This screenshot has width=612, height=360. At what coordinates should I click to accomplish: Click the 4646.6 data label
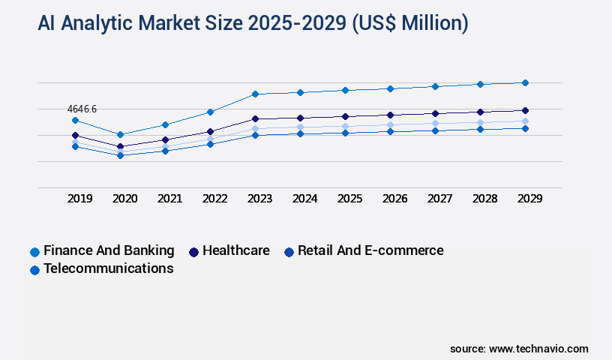pos(82,109)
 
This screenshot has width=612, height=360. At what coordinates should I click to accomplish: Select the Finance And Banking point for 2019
pos(75,120)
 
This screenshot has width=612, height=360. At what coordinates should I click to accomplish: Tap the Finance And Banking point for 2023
pos(255,94)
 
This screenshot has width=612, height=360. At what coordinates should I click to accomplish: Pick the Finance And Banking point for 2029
pos(525,82)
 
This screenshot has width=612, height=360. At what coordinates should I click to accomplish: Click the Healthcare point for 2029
pos(525,110)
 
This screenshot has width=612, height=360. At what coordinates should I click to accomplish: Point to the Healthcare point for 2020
pos(120,146)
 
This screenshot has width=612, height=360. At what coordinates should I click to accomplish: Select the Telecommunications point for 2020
pos(120,155)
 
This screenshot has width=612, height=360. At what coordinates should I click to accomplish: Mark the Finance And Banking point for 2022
pos(210,112)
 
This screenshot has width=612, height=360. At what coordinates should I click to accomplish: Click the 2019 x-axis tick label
pos(80,199)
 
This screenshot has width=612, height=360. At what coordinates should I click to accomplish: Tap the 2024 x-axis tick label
pos(305,199)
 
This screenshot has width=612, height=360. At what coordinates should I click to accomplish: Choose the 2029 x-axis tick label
pos(530,199)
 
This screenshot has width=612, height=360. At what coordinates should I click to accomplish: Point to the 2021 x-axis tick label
pos(170,199)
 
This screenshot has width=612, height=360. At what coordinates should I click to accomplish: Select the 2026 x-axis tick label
pos(395,199)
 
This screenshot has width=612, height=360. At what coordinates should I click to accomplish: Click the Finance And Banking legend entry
pos(102,250)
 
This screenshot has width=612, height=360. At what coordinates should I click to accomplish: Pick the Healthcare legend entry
pos(229,250)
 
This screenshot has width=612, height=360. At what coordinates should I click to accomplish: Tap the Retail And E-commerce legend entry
pos(364,250)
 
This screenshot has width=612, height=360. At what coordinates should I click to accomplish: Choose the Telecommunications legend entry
pos(102,268)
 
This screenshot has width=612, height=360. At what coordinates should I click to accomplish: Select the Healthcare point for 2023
pos(255,118)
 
